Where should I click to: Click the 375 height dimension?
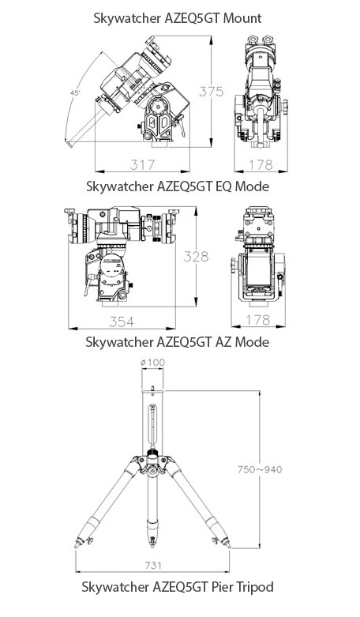(211, 92)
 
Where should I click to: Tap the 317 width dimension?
(143, 164)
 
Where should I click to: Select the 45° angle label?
(75, 93)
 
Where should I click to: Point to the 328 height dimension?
(196, 257)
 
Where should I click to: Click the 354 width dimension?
(122, 322)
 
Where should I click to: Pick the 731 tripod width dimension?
(153, 566)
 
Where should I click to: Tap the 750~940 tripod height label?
(260, 469)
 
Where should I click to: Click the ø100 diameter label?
(153, 363)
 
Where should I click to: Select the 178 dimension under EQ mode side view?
(261, 164)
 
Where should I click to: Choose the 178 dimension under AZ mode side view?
(258, 320)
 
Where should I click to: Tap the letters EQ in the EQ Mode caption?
(225, 186)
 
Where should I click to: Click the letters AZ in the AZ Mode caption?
(225, 341)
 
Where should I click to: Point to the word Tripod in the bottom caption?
(253, 588)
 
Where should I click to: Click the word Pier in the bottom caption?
(220, 588)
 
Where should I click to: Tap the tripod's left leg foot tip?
(76, 546)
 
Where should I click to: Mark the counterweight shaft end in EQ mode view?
(69, 144)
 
